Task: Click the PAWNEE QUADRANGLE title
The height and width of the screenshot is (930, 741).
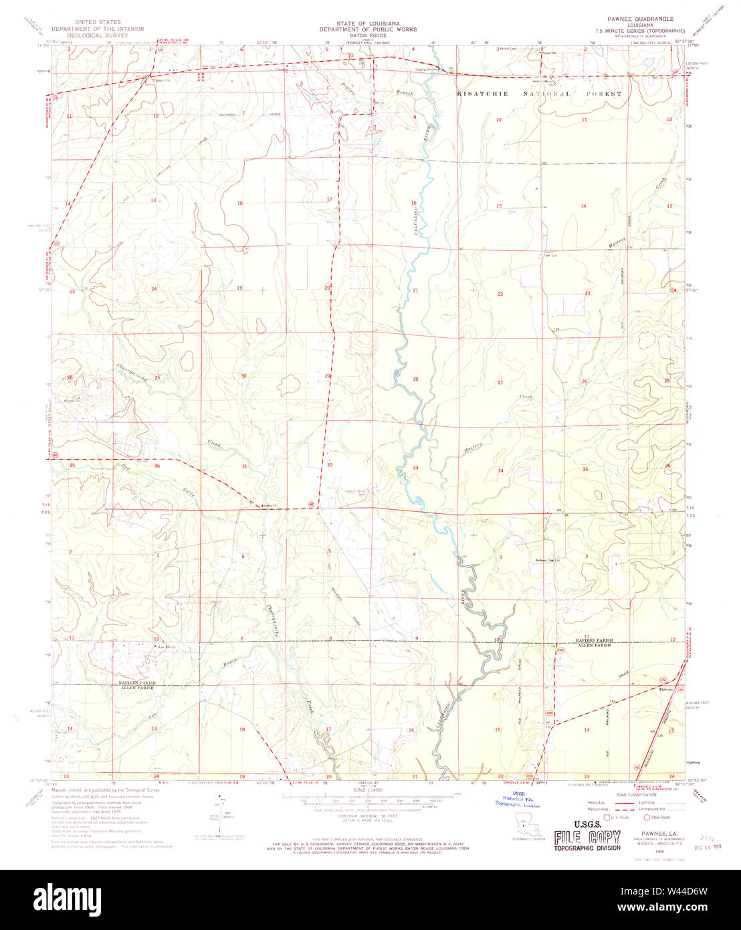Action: [640, 19]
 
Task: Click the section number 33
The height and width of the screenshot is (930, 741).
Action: [415, 468]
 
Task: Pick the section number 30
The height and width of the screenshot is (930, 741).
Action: [243, 376]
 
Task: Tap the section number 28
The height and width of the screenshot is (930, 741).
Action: [415, 379]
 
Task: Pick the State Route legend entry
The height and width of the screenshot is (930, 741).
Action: [659, 817]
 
